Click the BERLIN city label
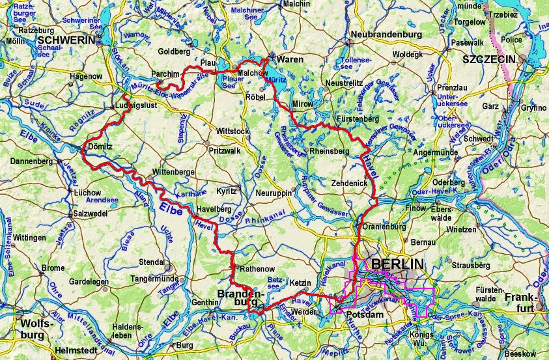tap(397, 264)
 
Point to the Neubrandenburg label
tap(382, 34)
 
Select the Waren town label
tap(290, 59)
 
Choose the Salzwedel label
tap(94, 214)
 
